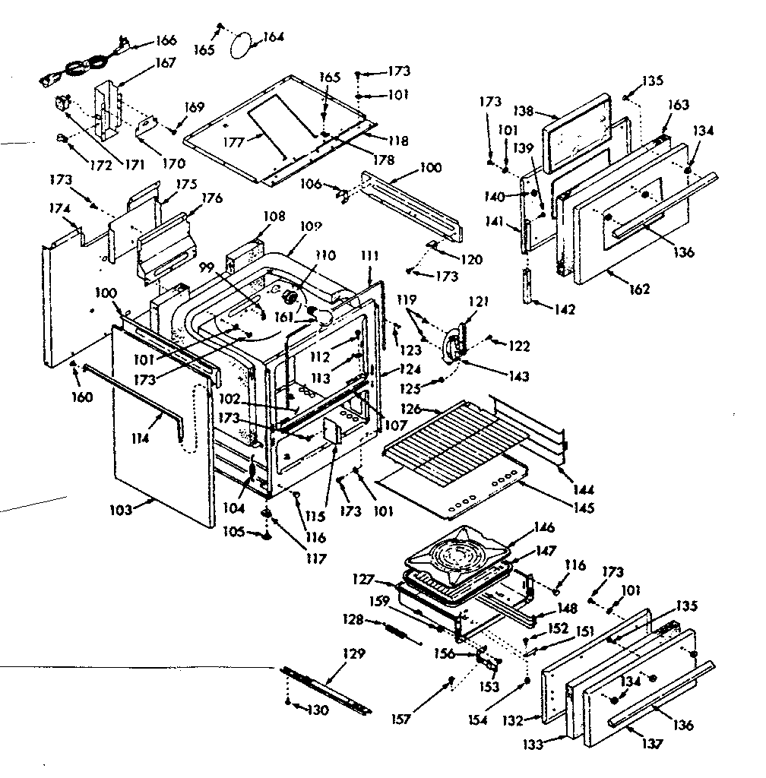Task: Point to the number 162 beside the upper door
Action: coord(639,289)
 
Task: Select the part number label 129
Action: coord(354,653)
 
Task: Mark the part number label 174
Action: coord(61,207)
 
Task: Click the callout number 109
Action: coord(311,226)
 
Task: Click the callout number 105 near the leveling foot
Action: coord(233,533)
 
